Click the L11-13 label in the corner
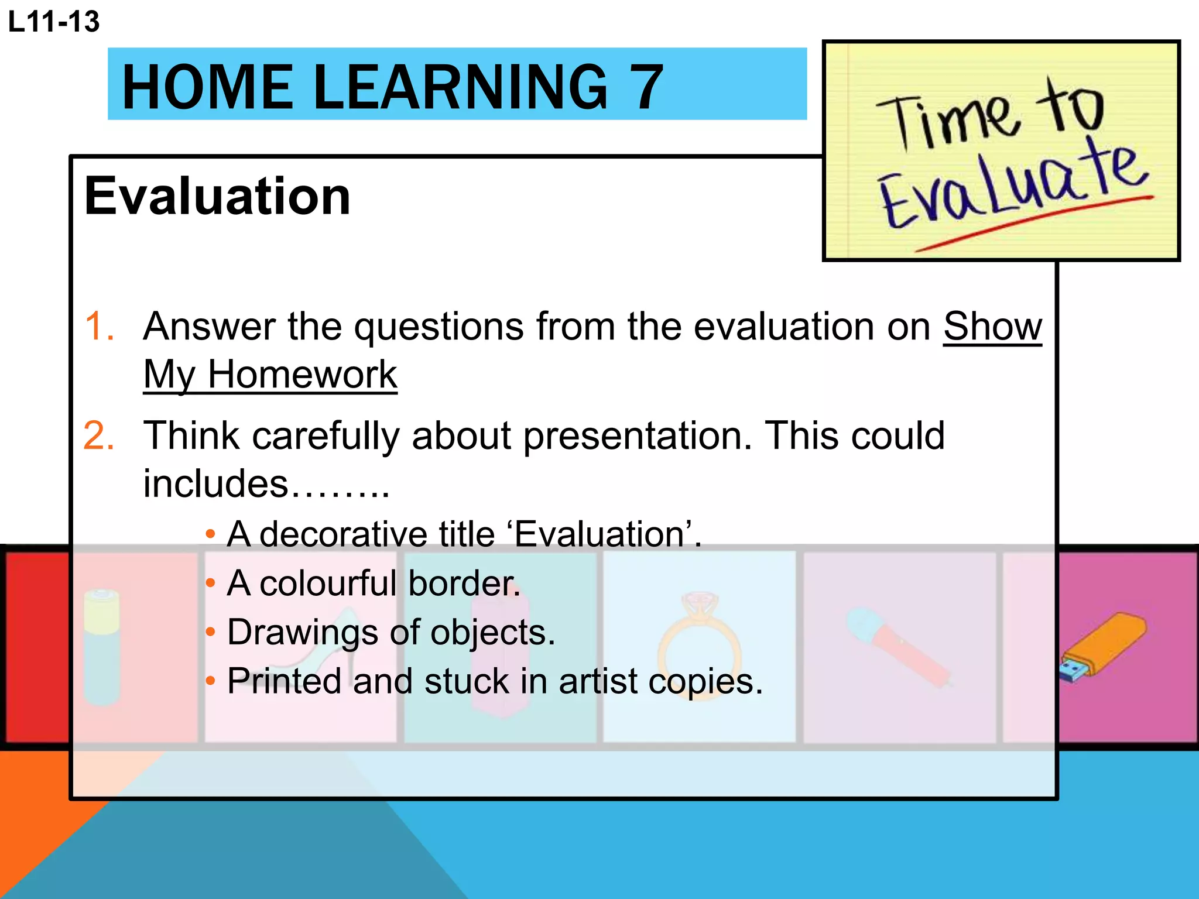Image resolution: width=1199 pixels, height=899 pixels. pyautogui.click(x=54, y=22)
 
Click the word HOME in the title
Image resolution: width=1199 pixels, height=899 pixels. pyautogui.click(x=207, y=88)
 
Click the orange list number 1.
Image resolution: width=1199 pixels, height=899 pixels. pyautogui.click(x=99, y=326)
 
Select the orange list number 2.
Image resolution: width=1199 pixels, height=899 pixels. pyautogui.click(x=99, y=436)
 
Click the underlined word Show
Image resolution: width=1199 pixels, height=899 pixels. pyautogui.click(x=992, y=326)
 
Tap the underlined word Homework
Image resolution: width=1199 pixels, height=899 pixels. pyautogui.click(x=302, y=375)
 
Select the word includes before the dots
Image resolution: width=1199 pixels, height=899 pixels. pyautogui.click(x=216, y=484)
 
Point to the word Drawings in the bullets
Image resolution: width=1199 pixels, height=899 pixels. pyautogui.click(x=302, y=632)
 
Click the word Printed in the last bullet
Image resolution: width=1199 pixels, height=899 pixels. pyautogui.click(x=285, y=681)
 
